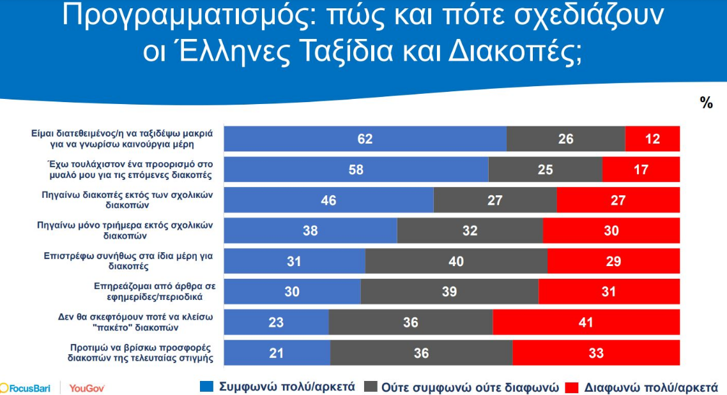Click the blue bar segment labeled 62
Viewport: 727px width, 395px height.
364,138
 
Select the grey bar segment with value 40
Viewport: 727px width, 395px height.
456,261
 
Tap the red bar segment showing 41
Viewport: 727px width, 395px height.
586,322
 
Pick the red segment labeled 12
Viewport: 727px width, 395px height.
652,138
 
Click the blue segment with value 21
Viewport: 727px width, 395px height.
277,353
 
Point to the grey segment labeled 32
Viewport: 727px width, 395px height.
470,230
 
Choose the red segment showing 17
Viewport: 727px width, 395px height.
641,169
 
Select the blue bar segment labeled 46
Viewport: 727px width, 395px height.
328,200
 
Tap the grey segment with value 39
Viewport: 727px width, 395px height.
449,292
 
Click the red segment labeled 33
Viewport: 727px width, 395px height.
596,353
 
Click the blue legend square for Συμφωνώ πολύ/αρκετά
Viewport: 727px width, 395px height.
207,387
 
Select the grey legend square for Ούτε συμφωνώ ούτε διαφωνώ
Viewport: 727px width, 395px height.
370,387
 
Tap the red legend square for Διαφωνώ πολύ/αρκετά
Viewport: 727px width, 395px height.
572,387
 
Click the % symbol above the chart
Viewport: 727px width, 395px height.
706,103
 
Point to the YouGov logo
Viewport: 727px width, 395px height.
87,387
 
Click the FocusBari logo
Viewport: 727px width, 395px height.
27,387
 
